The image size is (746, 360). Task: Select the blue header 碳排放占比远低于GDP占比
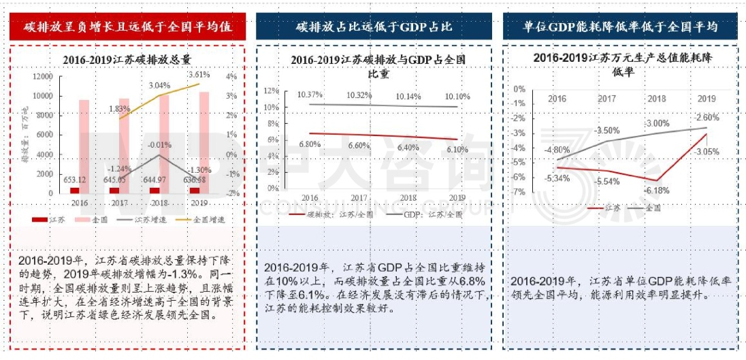coord(374,27)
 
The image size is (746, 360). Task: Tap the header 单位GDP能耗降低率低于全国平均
coord(620,27)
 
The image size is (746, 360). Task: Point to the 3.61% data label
coord(199,74)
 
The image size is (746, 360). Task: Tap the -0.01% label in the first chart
coord(159,144)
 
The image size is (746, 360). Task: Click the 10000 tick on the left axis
coord(42,96)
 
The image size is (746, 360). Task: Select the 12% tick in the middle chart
coord(271,91)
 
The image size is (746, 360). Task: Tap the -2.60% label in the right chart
coord(707,117)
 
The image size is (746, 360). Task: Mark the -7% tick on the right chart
coord(519,193)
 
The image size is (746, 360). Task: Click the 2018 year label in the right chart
coord(658,99)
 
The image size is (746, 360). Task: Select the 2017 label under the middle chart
coord(359,198)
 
